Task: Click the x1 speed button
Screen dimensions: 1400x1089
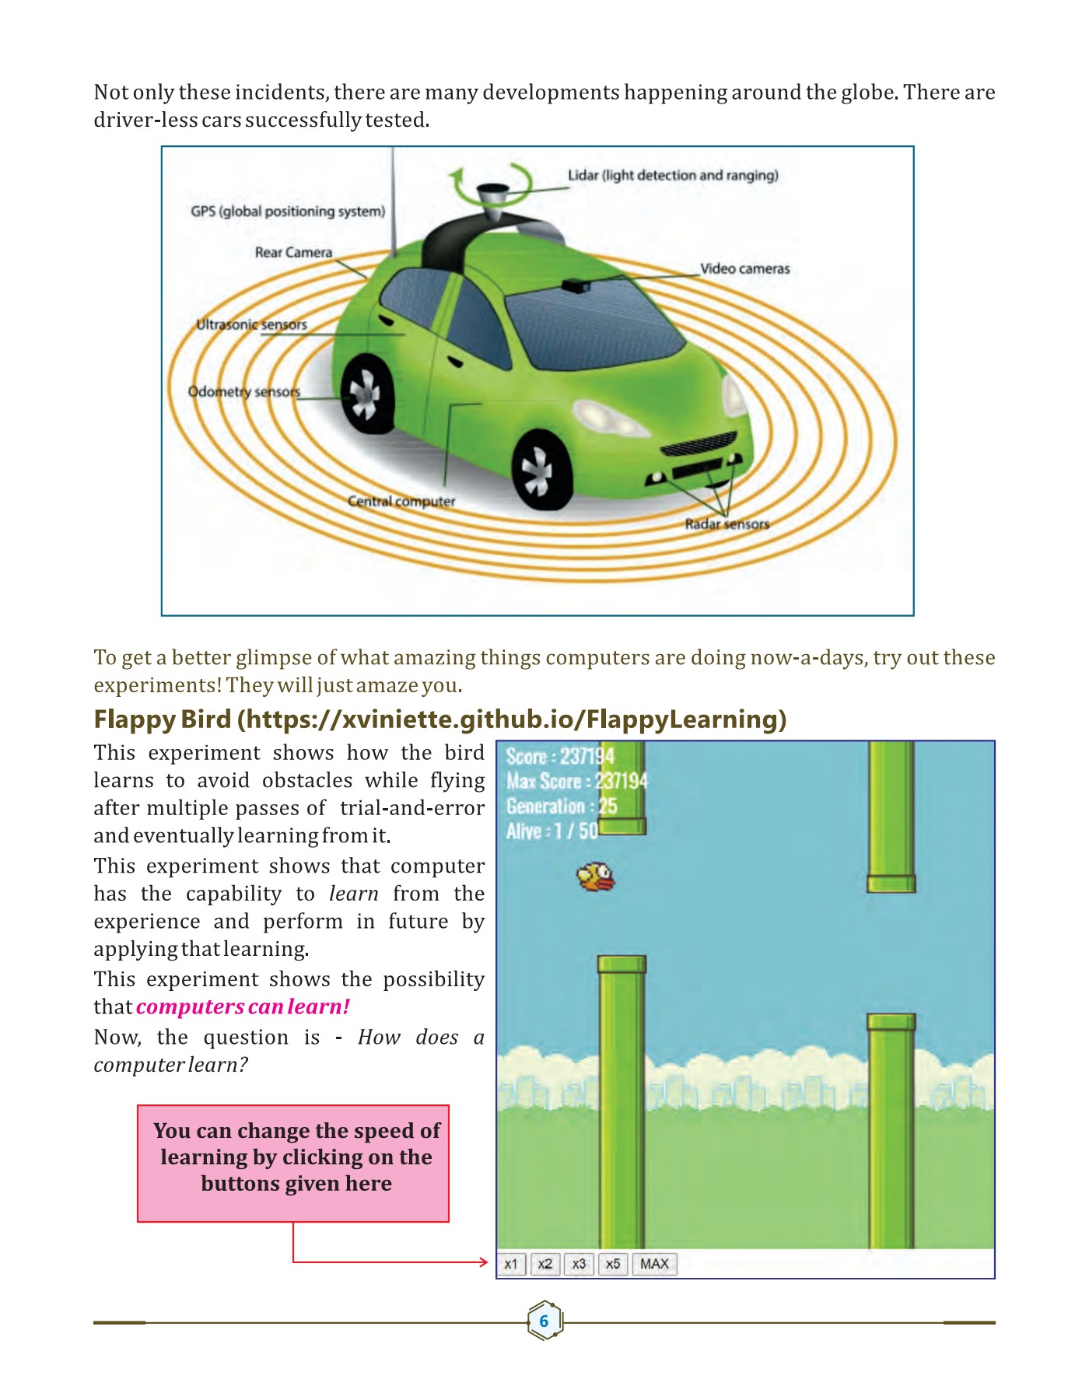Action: pyautogui.click(x=511, y=1264)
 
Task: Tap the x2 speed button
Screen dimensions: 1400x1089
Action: pyautogui.click(x=544, y=1264)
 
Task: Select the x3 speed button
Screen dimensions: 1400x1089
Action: pyautogui.click(x=579, y=1264)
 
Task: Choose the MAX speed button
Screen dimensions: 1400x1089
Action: pyautogui.click(x=654, y=1264)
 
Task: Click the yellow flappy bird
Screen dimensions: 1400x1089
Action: pyautogui.click(x=596, y=877)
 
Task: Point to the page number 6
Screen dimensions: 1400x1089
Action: pyautogui.click(x=544, y=1321)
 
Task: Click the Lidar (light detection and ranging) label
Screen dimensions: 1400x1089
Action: pyautogui.click(x=673, y=175)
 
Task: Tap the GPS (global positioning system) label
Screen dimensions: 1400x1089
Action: pyautogui.click(x=288, y=211)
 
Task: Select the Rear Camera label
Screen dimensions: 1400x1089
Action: pyautogui.click(x=293, y=252)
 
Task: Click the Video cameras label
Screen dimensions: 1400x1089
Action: pyautogui.click(x=744, y=268)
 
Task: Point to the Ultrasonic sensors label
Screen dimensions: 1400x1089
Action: pyautogui.click(x=251, y=324)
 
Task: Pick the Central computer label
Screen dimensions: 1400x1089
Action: pyautogui.click(x=401, y=502)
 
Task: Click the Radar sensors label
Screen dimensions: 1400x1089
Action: pyautogui.click(x=727, y=524)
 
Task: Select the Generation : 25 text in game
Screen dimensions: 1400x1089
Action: pyautogui.click(x=561, y=807)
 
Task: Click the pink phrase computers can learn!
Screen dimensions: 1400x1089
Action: pyautogui.click(x=243, y=1006)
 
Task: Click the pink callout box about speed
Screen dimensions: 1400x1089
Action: pyautogui.click(x=293, y=1163)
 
